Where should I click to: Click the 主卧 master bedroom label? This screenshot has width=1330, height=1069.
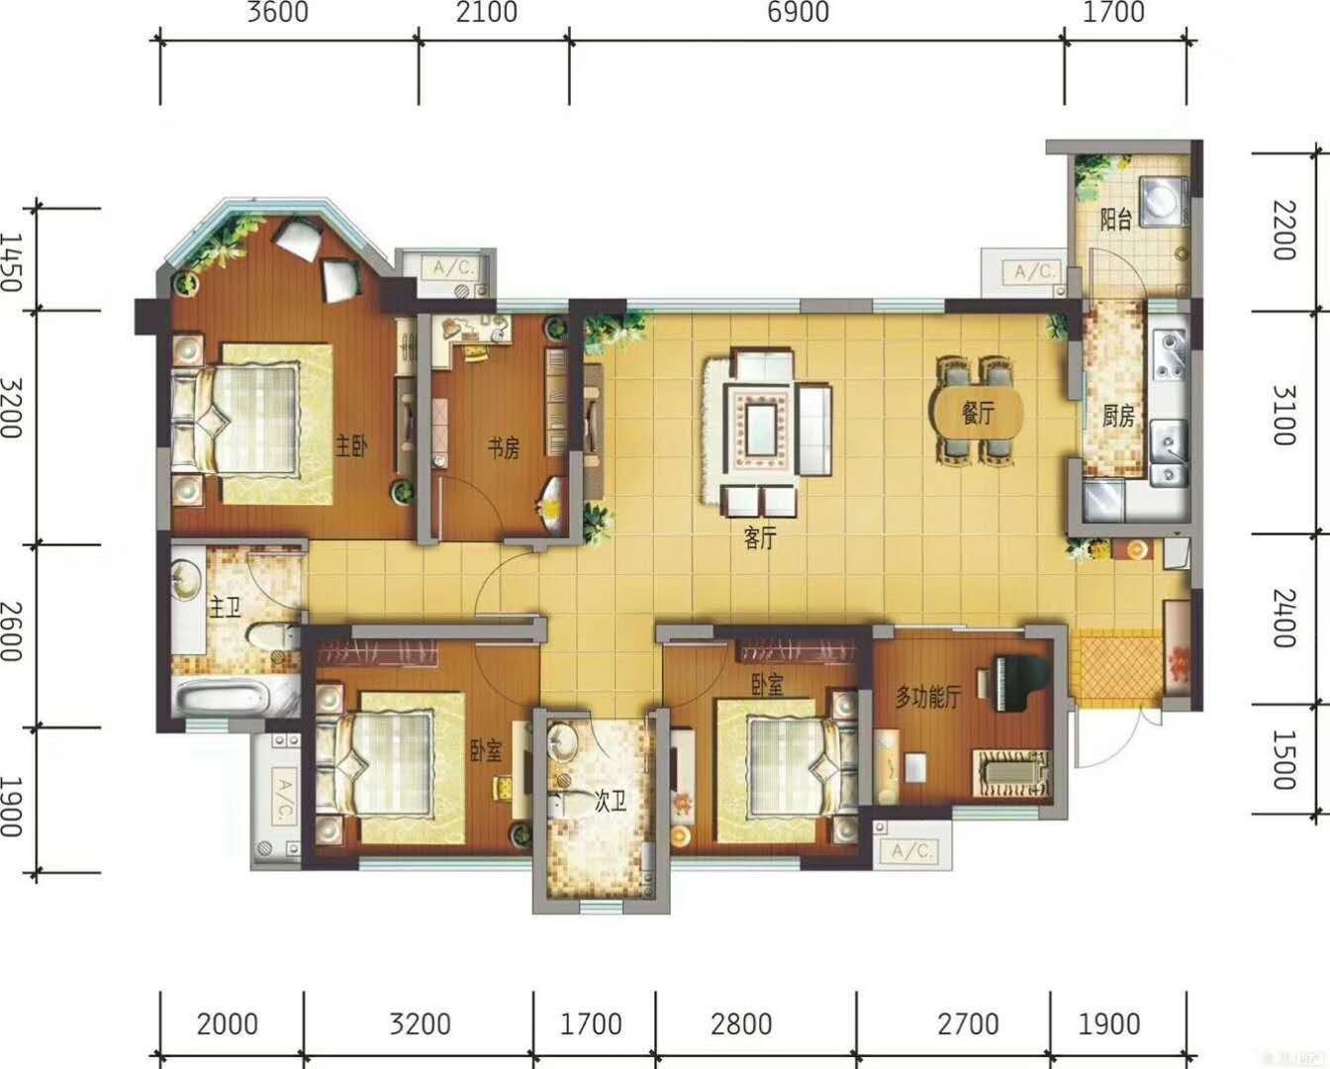click(351, 445)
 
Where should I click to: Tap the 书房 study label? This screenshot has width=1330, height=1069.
click(504, 447)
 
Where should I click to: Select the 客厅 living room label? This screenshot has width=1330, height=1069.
click(760, 538)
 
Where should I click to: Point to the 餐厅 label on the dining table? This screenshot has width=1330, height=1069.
click(978, 413)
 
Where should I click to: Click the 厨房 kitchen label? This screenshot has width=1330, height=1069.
click(1118, 417)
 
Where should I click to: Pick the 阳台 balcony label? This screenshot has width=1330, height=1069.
click(1115, 220)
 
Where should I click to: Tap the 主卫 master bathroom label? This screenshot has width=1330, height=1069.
click(225, 608)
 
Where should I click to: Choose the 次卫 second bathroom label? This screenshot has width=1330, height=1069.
click(611, 802)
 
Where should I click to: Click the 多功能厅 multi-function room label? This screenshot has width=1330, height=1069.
click(928, 698)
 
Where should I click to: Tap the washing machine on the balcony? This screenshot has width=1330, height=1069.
click(1164, 199)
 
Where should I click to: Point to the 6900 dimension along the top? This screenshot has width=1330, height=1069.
click(799, 12)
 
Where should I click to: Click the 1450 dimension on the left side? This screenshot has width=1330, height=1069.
click(11, 261)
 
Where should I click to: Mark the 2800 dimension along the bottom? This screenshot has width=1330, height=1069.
click(741, 1023)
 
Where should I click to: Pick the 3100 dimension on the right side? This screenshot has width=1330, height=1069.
click(1283, 415)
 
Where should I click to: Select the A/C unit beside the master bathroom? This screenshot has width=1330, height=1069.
click(276, 801)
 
